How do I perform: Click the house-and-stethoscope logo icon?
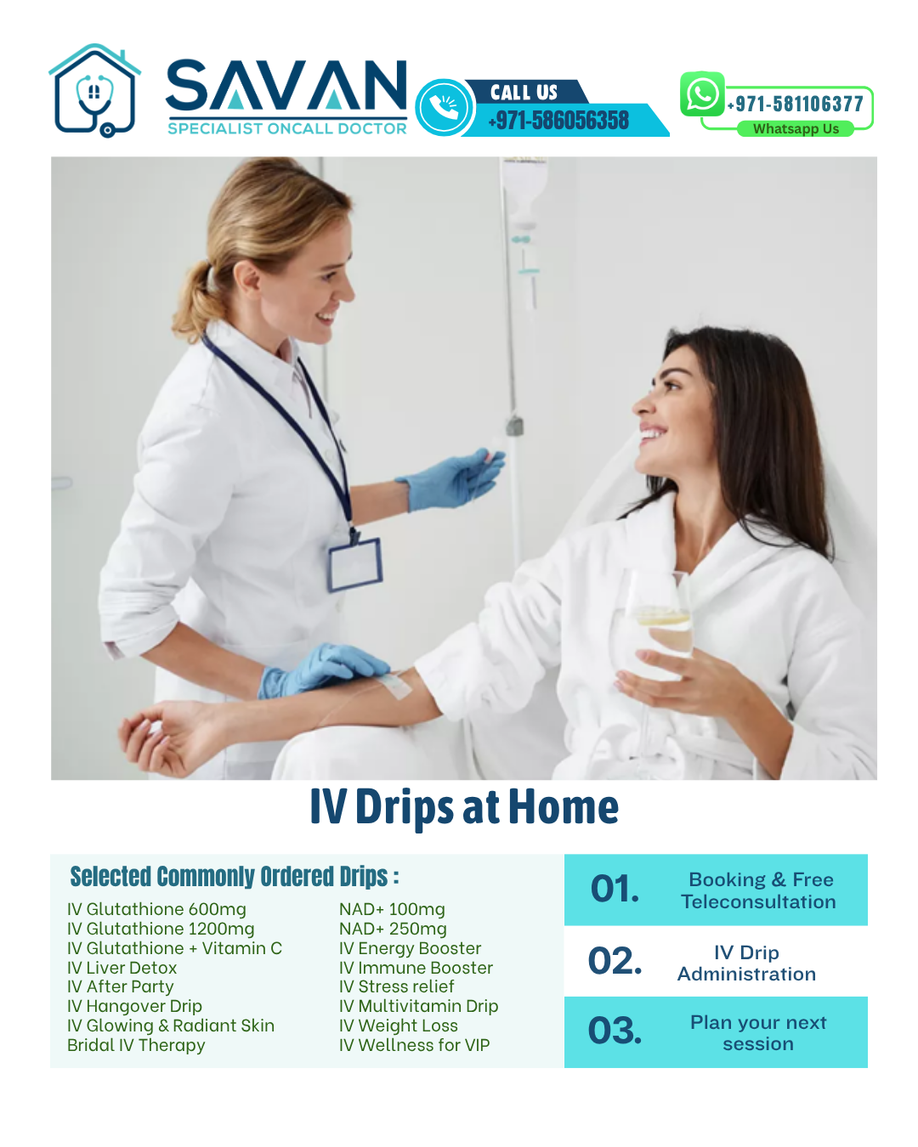point(94,91)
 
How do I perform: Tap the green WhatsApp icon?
point(702,94)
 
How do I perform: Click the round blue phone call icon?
point(443,108)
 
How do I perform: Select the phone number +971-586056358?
point(559,121)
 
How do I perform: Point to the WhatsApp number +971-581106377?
point(796,105)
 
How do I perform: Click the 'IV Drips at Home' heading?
point(464,807)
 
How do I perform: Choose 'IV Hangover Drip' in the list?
point(134,1006)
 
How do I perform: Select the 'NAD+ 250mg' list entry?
point(393,929)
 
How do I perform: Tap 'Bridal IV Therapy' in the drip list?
point(136,1045)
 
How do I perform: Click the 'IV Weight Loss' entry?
point(398,1026)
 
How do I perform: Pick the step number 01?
point(615,889)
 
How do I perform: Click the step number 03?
point(615,1031)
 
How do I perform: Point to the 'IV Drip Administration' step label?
point(746,963)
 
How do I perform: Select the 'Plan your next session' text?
point(758,1032)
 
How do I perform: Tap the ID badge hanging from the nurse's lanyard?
point(355,563)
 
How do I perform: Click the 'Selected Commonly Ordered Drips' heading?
point(235,876)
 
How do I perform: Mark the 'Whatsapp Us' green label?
point(796,129)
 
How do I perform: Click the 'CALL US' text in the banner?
point(524,93)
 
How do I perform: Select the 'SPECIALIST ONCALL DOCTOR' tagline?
point(287,128)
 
